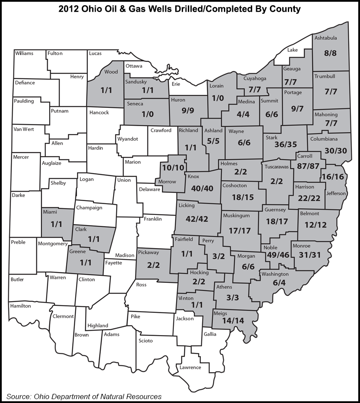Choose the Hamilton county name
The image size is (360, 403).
[x=21, y=306]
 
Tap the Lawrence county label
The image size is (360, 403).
[x=190, y=367]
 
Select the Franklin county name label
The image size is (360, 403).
[x=153, y=218]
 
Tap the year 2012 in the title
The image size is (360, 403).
[x=71, y=9]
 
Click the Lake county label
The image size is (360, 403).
[x=293, y=50]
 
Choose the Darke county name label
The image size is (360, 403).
[x=19, y=195]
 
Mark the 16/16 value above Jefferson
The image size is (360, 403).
[x=333, y=177]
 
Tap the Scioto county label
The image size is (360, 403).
[x=145, y=340]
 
